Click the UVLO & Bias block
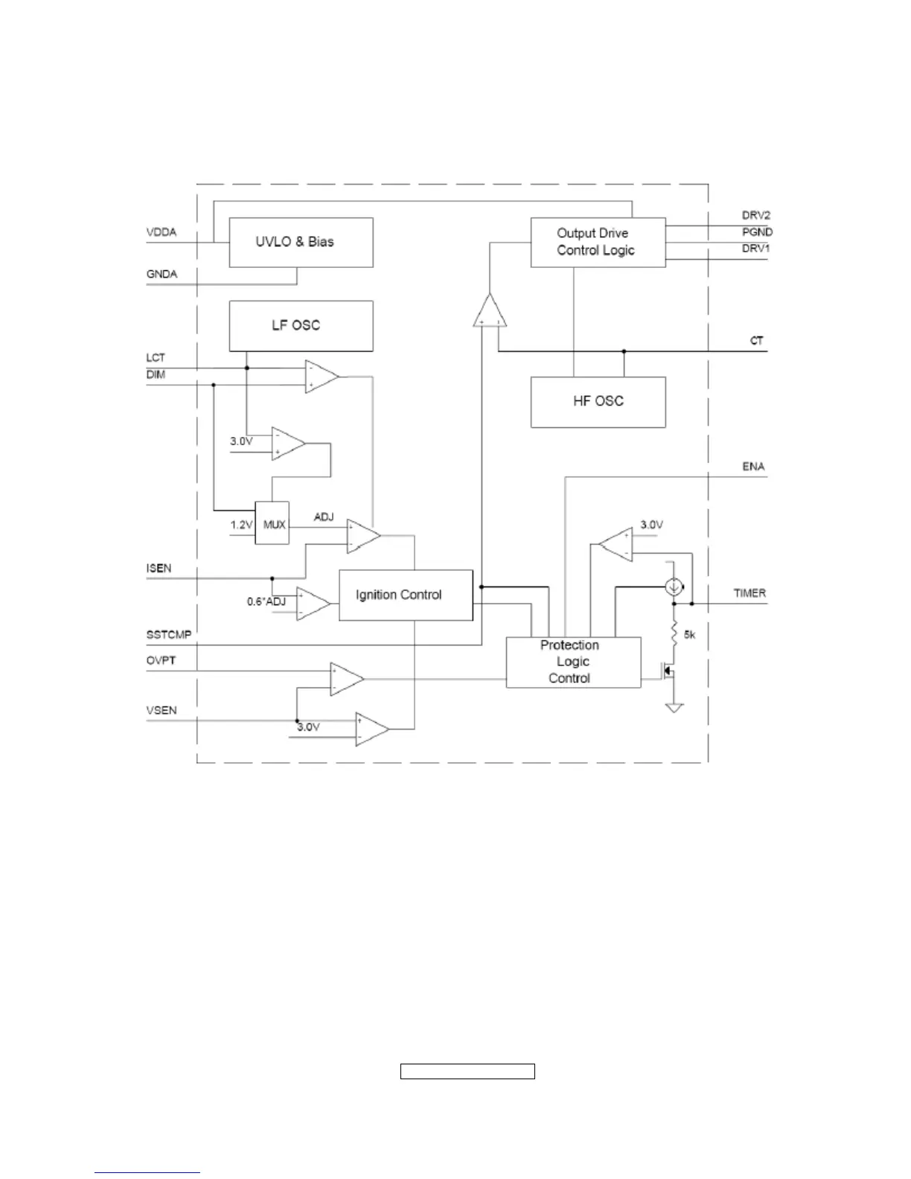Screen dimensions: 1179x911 [301, 243]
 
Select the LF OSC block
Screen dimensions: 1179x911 [301, 326]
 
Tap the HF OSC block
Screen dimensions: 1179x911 [598, 402]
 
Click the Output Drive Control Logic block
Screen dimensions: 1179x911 [598, 242]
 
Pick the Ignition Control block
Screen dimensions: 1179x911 [406, 595]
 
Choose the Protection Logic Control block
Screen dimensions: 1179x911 [572, 662]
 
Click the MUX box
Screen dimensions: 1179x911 [272, 524]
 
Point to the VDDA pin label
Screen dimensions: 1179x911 [162, 232]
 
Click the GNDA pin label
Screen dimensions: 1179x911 [162, 274]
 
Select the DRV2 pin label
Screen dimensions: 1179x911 [755, 215]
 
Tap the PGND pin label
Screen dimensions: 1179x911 [757, 231]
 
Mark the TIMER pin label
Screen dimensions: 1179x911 [749, 593]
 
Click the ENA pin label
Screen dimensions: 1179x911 [753, 467]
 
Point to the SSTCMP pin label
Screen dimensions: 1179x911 [169, 635]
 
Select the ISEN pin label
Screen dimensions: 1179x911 [159, 568]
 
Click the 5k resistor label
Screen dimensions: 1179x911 [690, 635]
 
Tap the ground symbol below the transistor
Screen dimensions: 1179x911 [674, 707]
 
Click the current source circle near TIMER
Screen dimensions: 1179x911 [674, 587]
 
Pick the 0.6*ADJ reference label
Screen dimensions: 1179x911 [266, 601]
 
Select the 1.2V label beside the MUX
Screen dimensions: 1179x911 [241, 525]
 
